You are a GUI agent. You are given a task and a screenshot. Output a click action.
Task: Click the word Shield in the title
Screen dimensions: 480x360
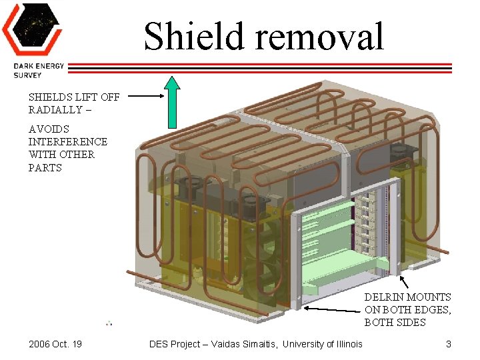[x=189, y=37]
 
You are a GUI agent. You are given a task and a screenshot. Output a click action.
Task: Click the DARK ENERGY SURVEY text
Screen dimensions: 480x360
[x=36, y=70]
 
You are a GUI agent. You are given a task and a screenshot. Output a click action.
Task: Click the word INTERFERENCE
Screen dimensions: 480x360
[x=67, y=141]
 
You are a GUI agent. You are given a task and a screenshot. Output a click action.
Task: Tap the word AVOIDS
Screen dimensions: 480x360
[x=49, y=129]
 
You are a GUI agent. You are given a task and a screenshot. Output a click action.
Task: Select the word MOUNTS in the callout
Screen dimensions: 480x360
[x=428, y=297]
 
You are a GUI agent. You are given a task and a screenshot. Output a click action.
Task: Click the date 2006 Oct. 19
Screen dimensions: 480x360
[x=55, y=344]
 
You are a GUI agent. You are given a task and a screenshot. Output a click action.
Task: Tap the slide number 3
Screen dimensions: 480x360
[x=449, y=344]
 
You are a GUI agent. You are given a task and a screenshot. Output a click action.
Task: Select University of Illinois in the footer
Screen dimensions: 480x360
[x=323, y=344]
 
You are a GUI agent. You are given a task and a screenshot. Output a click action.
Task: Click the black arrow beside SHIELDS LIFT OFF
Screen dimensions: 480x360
[x=145, y=96]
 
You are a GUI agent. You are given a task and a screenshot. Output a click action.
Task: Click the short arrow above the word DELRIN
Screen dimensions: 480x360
[x=403, y=280]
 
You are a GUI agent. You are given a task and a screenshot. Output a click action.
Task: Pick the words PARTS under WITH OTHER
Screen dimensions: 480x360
[x=45, y=167]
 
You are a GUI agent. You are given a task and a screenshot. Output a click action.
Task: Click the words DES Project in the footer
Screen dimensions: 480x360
[x=175, y=344]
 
